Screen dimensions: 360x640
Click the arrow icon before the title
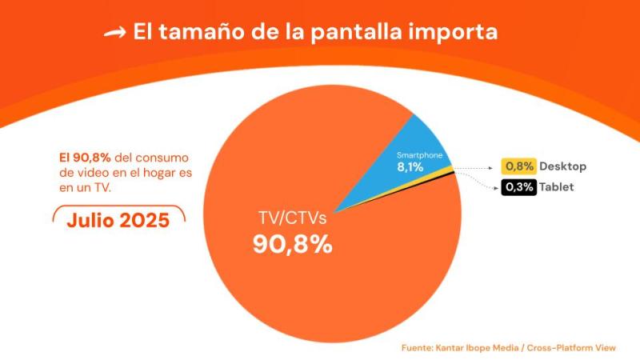pos(115,33)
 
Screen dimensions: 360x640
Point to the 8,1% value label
pos(411,167)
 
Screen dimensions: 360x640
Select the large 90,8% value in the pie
pos(292,244)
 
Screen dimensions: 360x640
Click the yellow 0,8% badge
pos(518,166)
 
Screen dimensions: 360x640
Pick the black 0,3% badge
pos(518,188)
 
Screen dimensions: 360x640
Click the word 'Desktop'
pos(562,166)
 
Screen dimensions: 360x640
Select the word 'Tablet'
pos(557,188)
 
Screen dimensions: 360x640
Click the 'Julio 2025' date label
pos(118,220)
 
